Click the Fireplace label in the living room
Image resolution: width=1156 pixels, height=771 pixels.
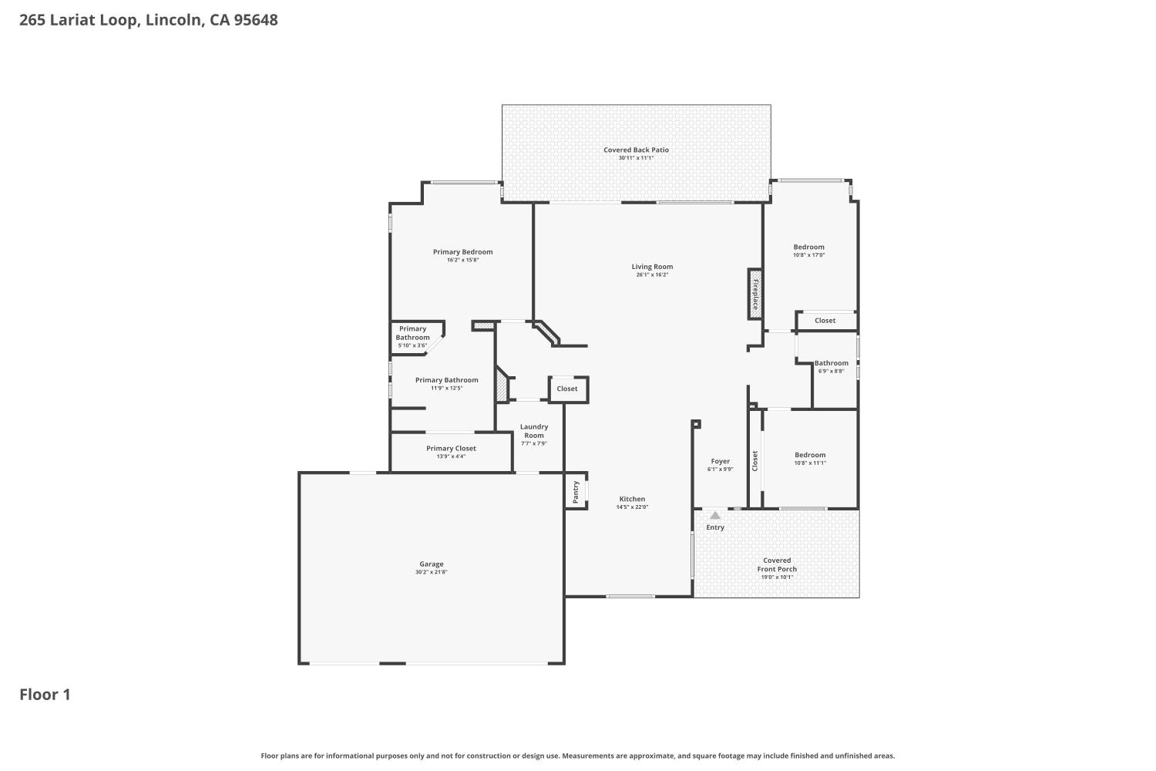pos(755,294)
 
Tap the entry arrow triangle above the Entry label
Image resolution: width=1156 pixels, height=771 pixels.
pos(715,515)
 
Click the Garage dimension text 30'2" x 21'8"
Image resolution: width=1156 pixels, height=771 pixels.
pos(432,572)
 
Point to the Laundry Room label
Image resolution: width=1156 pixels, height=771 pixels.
pos(534,431)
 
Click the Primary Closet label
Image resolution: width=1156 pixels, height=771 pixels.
pos(451,448)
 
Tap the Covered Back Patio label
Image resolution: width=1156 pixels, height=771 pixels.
pos(636,150)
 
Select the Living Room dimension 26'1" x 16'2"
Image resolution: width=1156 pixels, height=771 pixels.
pos(652,274)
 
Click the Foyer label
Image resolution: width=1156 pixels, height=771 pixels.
pos(720,461)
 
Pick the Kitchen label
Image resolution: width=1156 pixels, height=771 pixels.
pos(632,499)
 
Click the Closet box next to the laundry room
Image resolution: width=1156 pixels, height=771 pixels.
pos(567,389)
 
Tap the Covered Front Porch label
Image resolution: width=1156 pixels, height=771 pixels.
pos(777,565)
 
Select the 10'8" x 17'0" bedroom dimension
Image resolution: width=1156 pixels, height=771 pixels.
pos(808,255)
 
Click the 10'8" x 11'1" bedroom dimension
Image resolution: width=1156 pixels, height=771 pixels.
pos(810,463)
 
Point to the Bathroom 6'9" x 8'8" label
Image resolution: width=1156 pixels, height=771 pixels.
pos(831,363)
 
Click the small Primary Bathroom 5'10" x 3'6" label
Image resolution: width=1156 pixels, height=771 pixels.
pos(412,337)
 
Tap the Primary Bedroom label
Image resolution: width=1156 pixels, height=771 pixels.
pos(462,251)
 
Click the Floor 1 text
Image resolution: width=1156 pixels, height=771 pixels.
pos(45,695)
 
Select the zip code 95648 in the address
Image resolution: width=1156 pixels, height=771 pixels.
pos(256,20)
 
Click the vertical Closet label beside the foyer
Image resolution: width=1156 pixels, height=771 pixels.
pos(755,460)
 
